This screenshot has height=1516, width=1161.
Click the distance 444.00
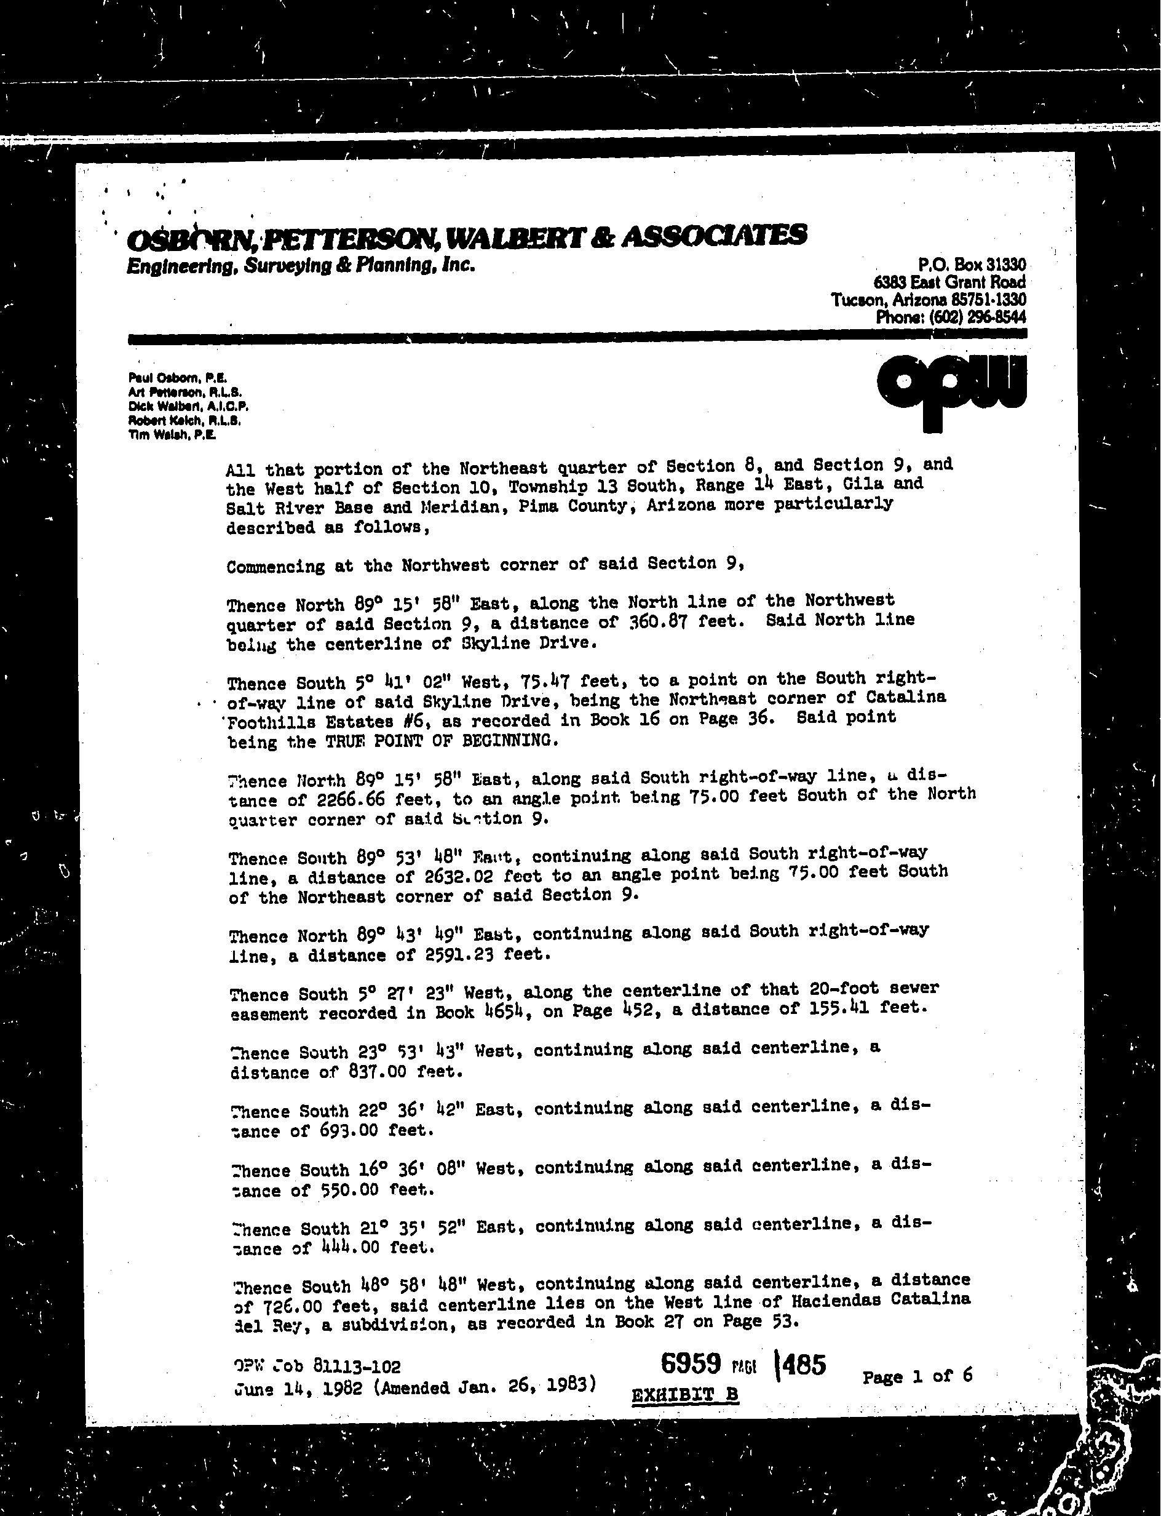pyautogui.click(x=352, y=1248)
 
